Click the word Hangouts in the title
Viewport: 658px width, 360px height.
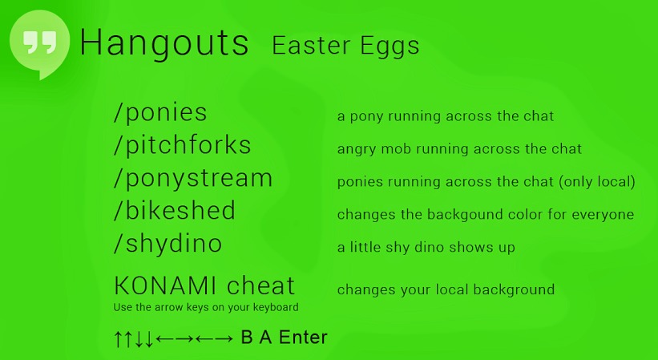coord(164,43)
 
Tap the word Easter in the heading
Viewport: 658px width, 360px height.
coord(311,45)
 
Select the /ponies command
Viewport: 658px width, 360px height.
coord(160,112)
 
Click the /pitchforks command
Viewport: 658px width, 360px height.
coord(183,145)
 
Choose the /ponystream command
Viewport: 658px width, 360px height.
coord(193,179)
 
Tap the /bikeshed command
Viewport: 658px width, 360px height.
coord(175,210)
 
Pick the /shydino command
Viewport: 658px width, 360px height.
coord(168,244)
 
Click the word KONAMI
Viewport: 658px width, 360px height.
coord(165,286)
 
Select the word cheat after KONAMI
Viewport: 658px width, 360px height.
coord(261,285)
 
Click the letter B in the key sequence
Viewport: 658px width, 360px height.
coord(247,338)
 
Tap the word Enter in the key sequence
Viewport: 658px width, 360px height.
coord(303,338)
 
